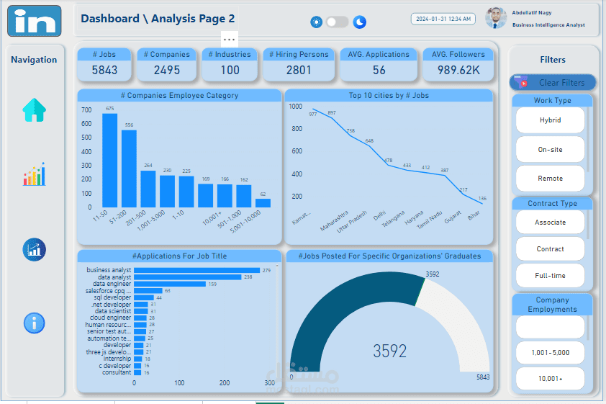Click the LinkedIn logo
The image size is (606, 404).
[35, 21]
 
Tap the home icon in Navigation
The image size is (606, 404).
[34, 110]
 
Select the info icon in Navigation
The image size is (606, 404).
[34, 323]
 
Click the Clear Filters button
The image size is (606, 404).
[553, 83]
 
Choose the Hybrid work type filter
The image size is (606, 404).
[550, 120]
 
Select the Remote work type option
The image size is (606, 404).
[550, 179]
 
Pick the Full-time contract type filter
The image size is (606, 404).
[550, 276]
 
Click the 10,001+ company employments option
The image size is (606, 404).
[550, 377]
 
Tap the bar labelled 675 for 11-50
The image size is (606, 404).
[109, 160]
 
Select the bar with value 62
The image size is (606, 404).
[263, 203]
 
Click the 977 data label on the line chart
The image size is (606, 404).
[313, 114]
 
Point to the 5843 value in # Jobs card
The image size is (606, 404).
[104, 70]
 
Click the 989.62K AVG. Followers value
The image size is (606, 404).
[458, 70]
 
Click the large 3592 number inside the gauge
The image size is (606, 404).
[389, 351]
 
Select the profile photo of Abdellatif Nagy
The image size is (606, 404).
[496, 18]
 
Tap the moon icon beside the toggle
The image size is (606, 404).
[360, 22]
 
